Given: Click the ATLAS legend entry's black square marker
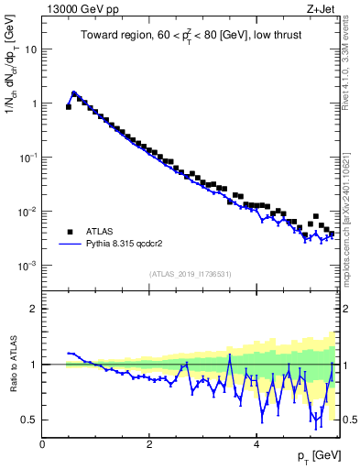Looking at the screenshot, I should tap(70, 232).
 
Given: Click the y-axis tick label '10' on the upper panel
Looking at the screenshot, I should tap(30, 49).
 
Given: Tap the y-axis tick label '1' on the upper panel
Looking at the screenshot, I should tap(34, 104).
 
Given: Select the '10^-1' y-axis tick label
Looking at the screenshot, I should tap(27, 157).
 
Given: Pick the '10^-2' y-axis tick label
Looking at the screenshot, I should tap(27, 211).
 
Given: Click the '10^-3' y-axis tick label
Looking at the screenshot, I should tap(27, 265).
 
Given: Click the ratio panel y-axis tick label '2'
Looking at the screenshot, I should tap(34, 309).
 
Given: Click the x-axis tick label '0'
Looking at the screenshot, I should tap(42, 443).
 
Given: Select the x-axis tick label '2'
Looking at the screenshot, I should tap(149, 443).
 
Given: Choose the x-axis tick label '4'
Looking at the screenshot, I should tap(256, 443).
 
